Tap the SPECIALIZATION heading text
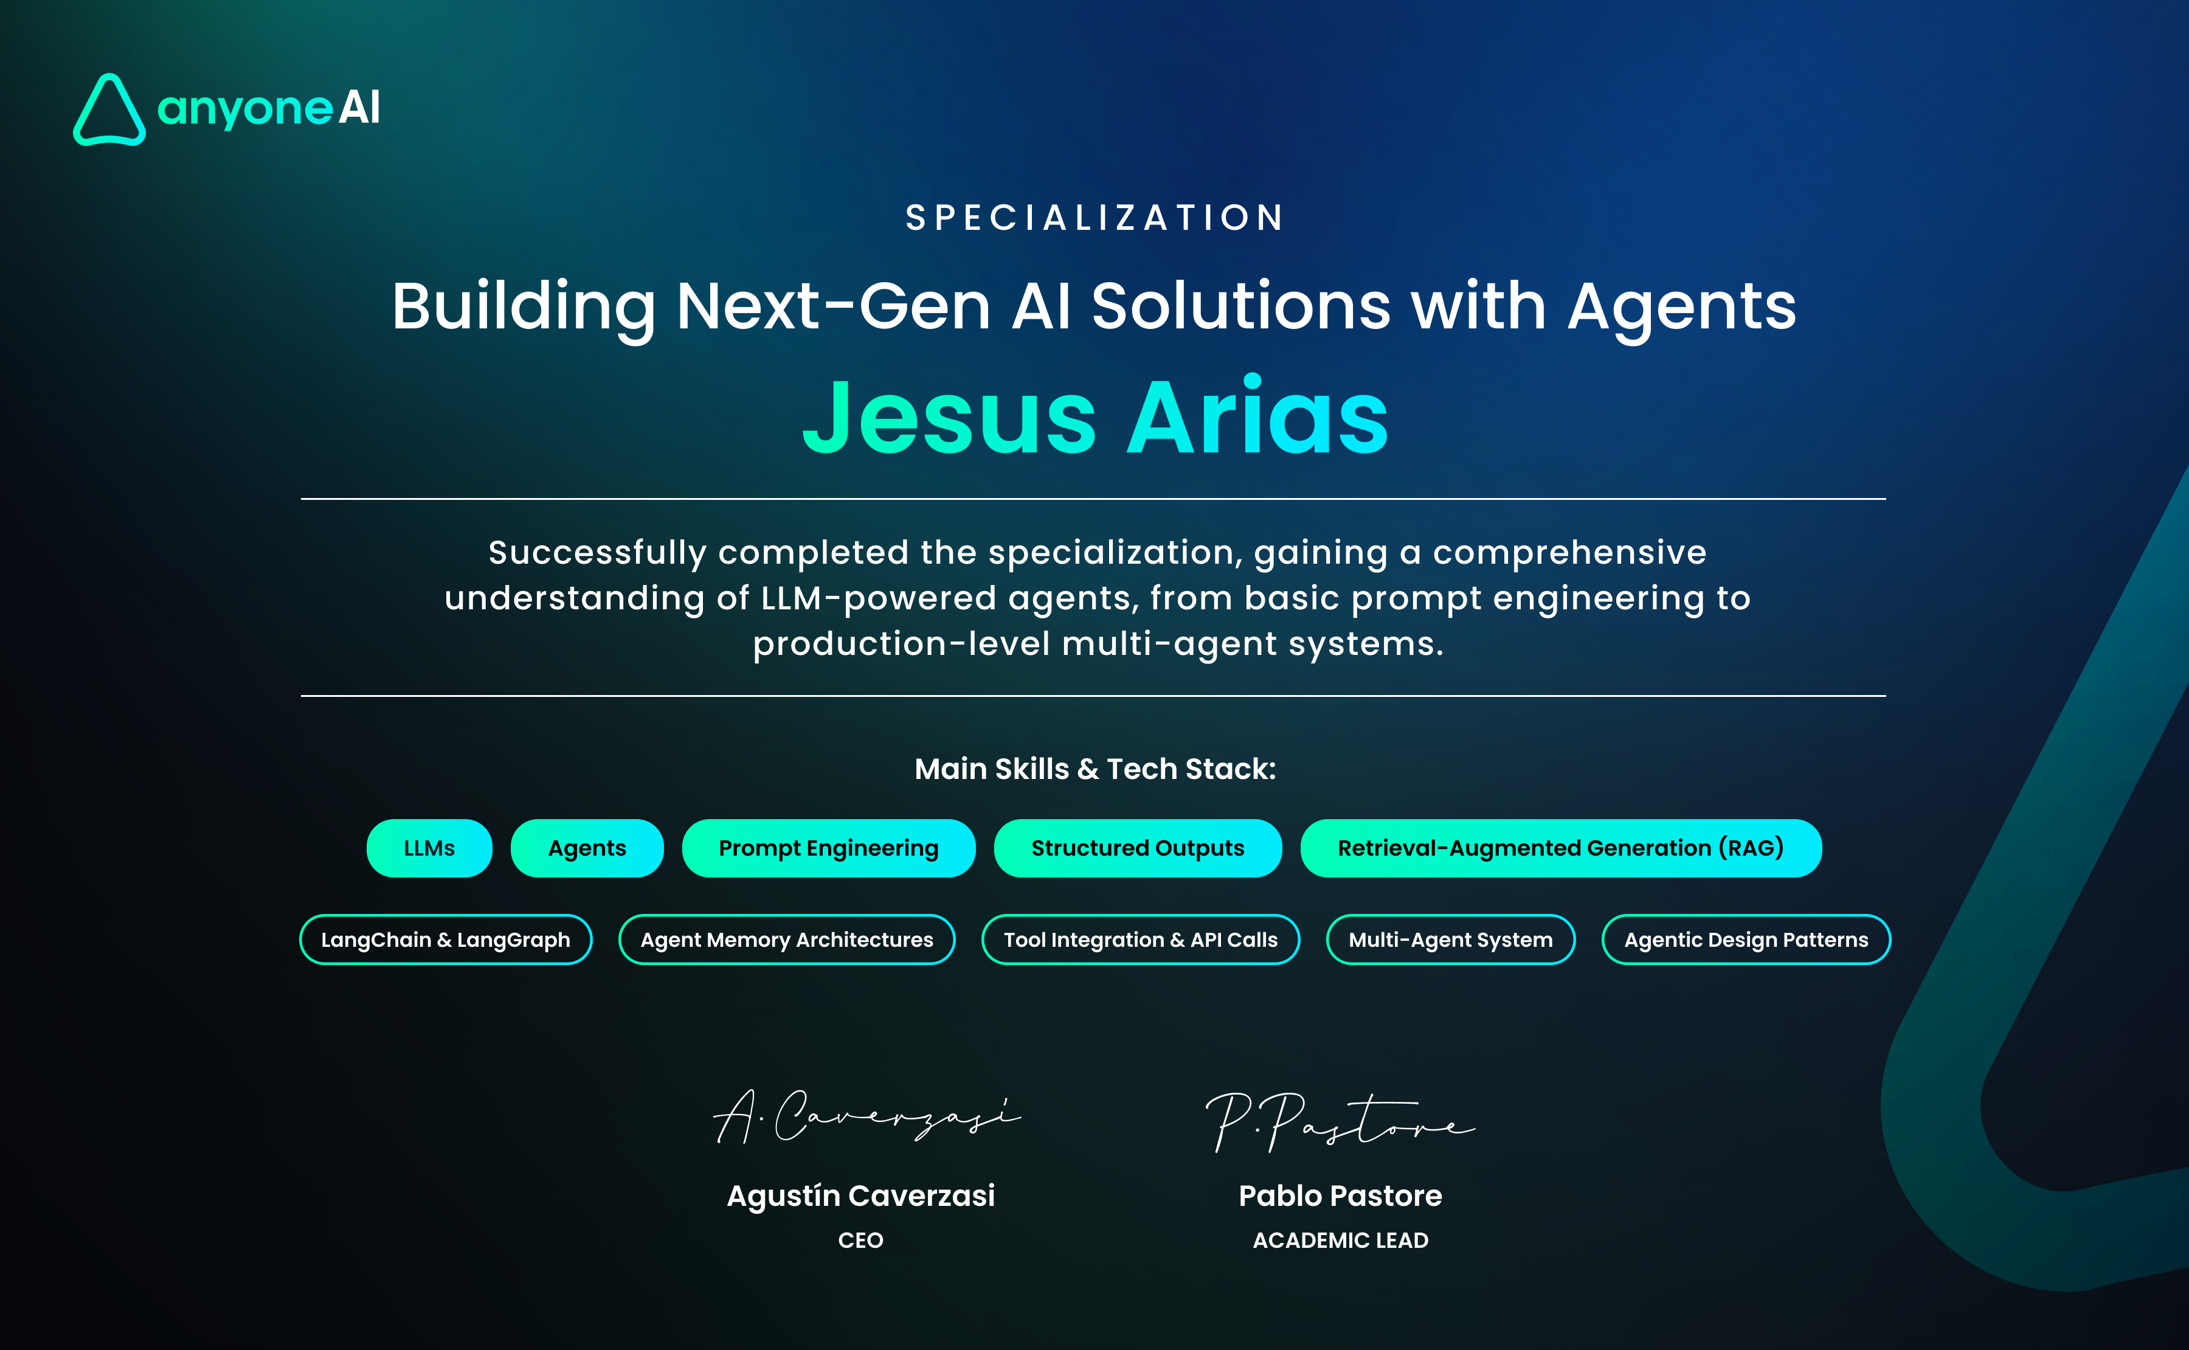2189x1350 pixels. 1095,218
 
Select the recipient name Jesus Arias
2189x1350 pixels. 1095,416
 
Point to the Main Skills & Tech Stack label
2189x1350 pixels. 1095,769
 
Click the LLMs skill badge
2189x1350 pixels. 429,848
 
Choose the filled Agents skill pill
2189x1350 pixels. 587,848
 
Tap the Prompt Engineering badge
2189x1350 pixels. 828,848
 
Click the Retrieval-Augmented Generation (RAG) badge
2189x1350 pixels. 1560,848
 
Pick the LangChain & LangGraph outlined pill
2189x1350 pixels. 446,940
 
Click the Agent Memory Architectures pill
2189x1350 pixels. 786,940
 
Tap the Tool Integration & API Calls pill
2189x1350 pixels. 1140,940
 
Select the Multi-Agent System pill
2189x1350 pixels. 1451,940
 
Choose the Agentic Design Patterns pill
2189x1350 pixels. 1746,940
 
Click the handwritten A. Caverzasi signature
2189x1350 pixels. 866,1116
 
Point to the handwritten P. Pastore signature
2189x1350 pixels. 1339,1121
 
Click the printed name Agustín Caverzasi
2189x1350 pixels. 860,1196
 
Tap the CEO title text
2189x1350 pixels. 860,1240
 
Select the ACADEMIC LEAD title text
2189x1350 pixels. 1340,1240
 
